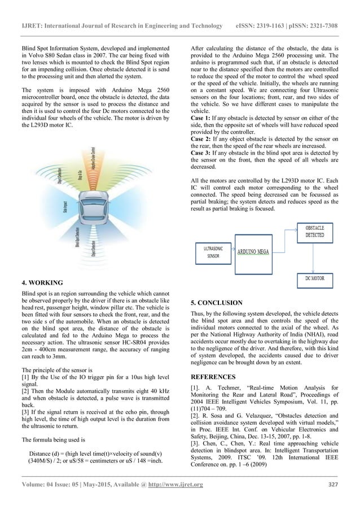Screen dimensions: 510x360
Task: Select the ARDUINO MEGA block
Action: coord(252,252)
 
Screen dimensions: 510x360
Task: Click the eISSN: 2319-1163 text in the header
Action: coord(267,11)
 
